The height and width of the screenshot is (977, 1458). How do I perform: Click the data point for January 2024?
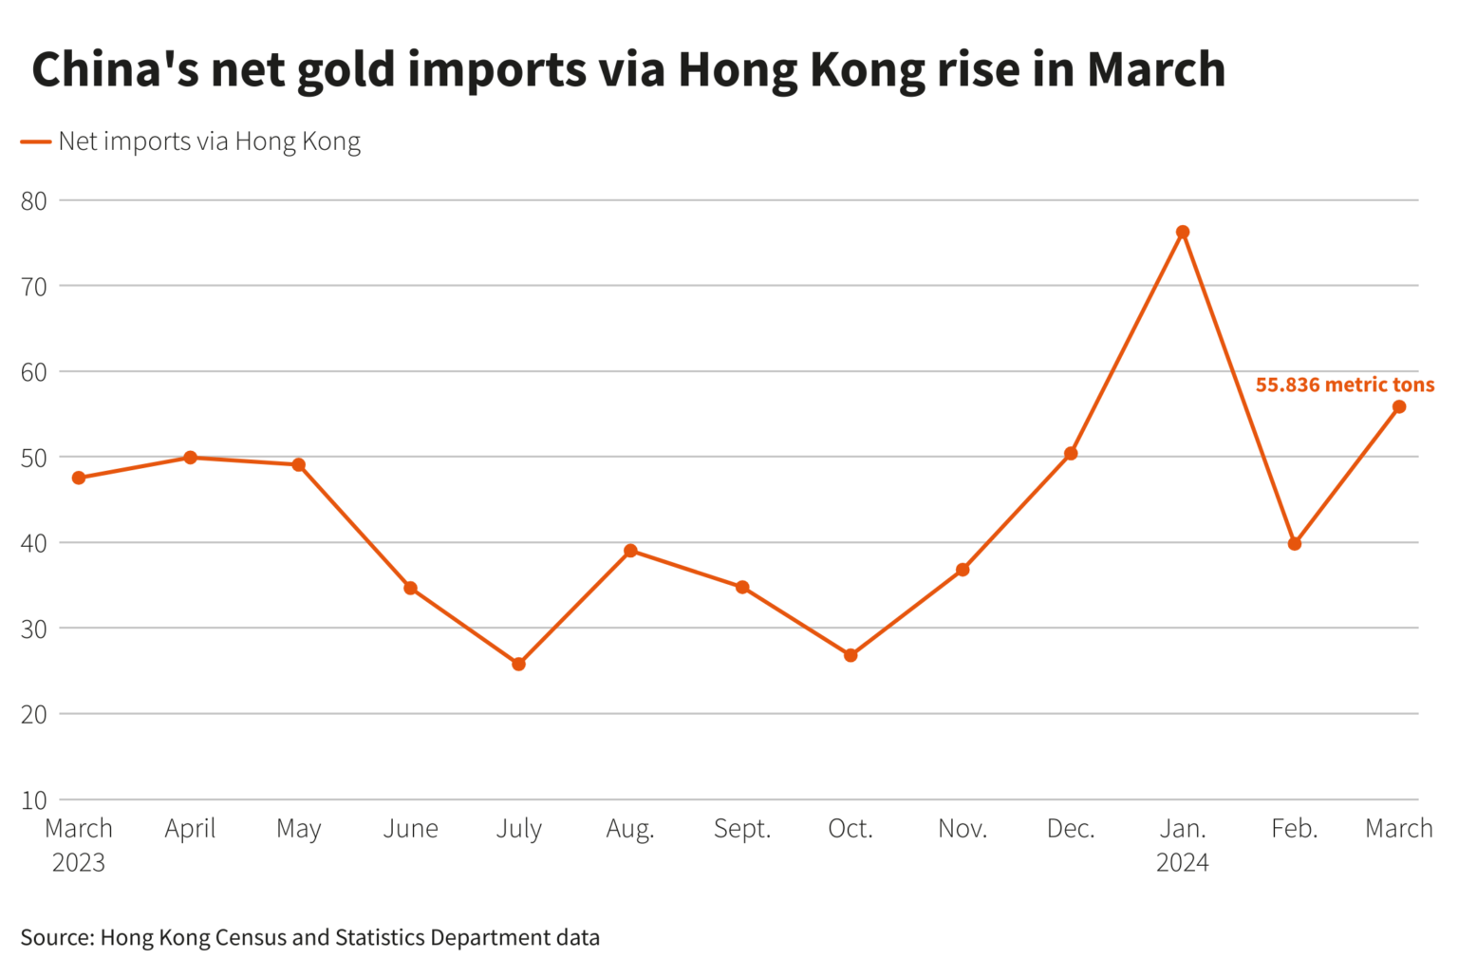coord(1183,232)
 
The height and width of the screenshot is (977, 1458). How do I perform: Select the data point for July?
coord(518,664)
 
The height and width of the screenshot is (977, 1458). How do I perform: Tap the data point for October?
coord(850,655)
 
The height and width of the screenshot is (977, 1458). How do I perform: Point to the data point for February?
coord(1295,544)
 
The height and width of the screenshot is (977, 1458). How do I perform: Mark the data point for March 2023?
coord(79,478)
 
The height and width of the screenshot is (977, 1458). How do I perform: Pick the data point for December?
coord(1071,454)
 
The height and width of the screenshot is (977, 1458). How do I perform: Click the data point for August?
coord(630,551)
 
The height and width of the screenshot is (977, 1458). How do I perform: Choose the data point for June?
coord(411,588)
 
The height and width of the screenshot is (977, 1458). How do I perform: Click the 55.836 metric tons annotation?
coord(1344,385)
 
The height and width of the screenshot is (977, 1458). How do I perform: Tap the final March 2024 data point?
coord(1399,406)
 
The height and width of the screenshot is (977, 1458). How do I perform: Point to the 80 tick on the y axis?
coord(34,200)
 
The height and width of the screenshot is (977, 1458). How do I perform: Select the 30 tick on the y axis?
coord(34,629)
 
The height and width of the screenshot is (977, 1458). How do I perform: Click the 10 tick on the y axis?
coord(34,799)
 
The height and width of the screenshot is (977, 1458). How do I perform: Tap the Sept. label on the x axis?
coord(742,829)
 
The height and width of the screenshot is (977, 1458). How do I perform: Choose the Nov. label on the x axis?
coord(963,829)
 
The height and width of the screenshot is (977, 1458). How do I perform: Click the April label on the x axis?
coord(190,829)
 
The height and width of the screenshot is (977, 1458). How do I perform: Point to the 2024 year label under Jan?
coord(1183,862)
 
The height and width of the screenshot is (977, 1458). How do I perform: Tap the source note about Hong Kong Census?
coord(310,937)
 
